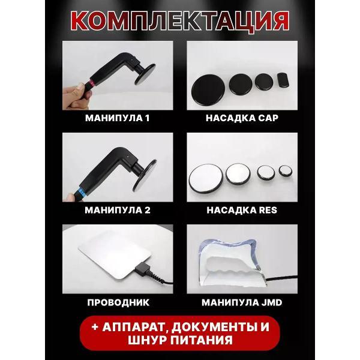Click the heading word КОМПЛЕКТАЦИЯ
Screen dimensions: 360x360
click(179, 20)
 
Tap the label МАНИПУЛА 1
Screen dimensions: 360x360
click(117, 118)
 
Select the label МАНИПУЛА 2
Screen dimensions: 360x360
click(117, 211)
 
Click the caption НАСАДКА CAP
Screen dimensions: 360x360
click(242, 118)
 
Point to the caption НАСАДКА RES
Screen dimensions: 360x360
click(242, 211)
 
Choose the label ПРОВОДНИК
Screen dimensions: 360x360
click(117, 302)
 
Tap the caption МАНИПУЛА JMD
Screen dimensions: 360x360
click(242, 302)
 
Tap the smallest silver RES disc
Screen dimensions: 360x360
click(284, 172)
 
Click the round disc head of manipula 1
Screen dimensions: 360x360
click(145, 77)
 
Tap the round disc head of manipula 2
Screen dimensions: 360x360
click(146, 170)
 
